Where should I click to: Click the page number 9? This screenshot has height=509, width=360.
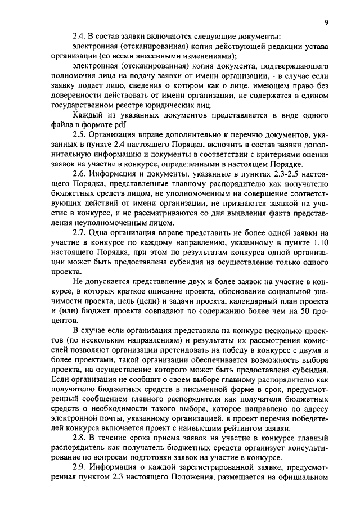(326, 22)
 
